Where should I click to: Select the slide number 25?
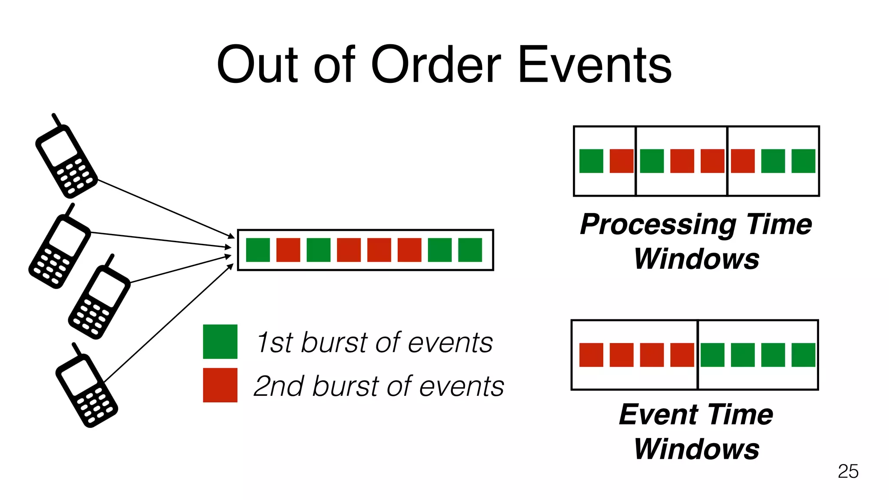pos(848,471)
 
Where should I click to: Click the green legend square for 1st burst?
pos(220,342)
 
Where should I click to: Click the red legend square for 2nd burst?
pos(220,385)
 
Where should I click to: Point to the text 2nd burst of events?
pos(379,386)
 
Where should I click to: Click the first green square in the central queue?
pos(258,250)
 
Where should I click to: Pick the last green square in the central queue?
pos(470,250)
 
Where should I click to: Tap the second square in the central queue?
pos(288,250)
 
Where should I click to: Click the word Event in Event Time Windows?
pos(658,414)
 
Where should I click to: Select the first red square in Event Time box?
pos(591,355)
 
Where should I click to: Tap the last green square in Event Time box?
pos(803,355)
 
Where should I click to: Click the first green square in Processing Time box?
pos(591,161)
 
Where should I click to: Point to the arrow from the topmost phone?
pos(165,208)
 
